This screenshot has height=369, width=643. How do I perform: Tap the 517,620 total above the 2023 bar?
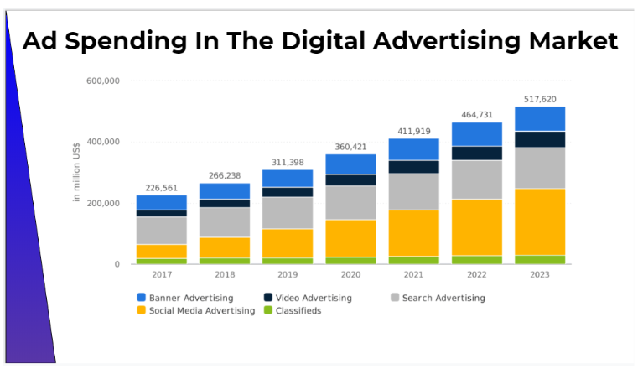tap(540, 99)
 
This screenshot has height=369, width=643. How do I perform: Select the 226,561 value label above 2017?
tap(161, 188)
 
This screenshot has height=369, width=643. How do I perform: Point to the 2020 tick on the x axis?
tap(350, 274)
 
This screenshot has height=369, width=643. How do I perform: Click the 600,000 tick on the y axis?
tap(103, 81)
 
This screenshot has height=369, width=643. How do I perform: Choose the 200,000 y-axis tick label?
tap(103, 203)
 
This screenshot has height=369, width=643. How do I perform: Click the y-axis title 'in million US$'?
tap(76, 172)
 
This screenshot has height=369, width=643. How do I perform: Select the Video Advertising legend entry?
tap(309, 298)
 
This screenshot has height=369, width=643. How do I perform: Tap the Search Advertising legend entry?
tap(437, 298)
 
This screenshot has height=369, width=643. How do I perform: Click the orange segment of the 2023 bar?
tap(540, 221)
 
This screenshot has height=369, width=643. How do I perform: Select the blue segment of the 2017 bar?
tap(161, 202)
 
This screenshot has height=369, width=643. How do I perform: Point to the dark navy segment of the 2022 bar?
tap(477, 153)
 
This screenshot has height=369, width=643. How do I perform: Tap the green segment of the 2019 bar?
tap(288, 261)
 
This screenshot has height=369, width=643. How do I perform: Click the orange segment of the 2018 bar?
tap(224, 247)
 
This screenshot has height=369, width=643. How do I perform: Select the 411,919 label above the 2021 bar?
tap(414, 131)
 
